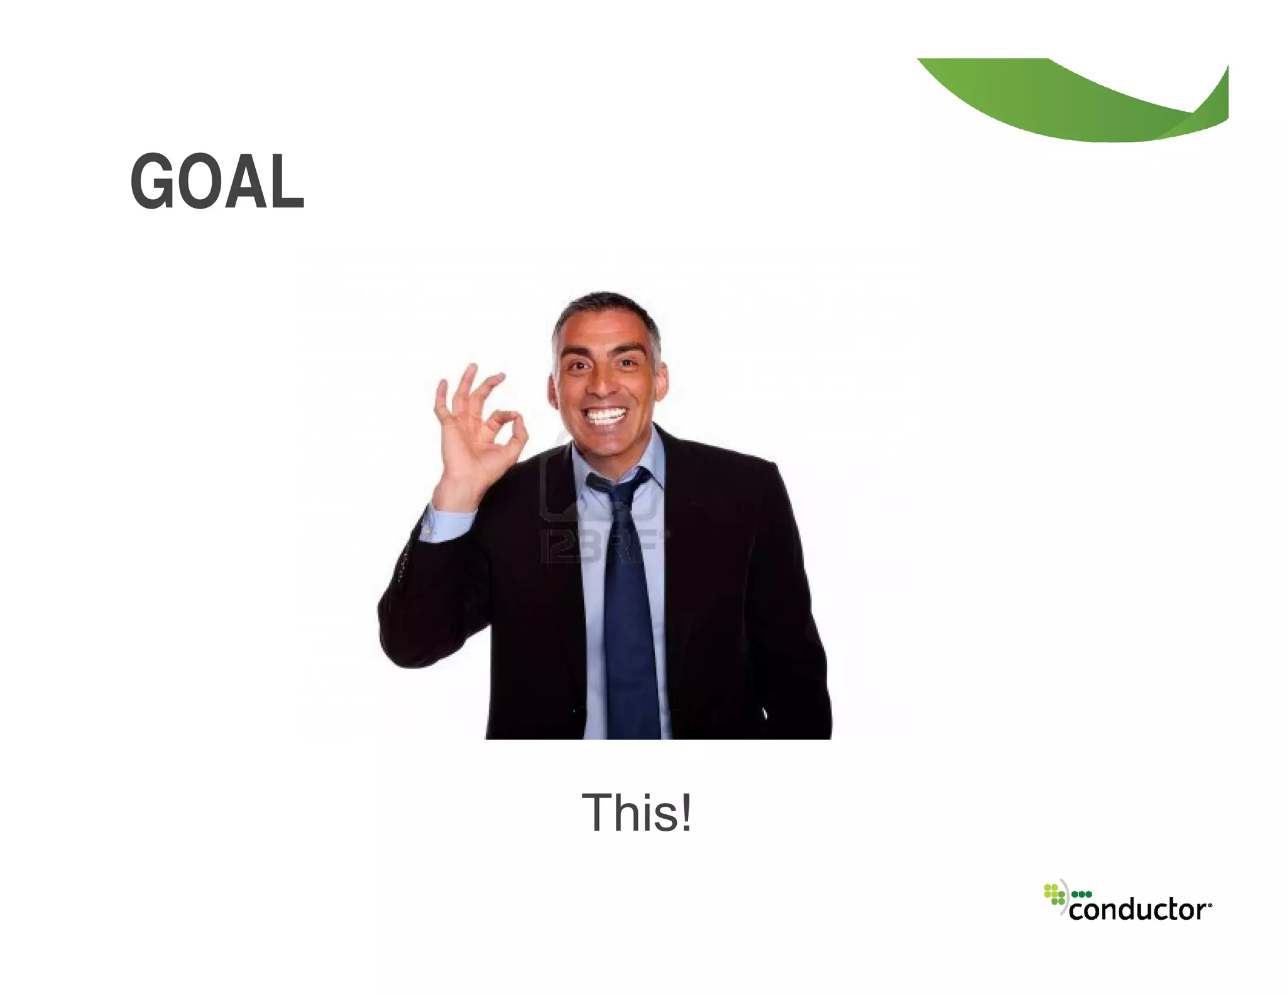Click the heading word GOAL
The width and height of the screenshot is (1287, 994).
(217, 182)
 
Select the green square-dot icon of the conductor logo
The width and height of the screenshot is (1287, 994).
(1054, 894)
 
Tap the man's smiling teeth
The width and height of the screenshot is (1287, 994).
(605, 415)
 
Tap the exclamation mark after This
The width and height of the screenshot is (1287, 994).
(686, 812)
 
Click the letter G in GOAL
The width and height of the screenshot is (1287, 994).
(151, 182)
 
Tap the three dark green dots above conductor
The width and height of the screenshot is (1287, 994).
(1082, 894)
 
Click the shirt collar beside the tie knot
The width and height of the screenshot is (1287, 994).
(650, 465)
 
